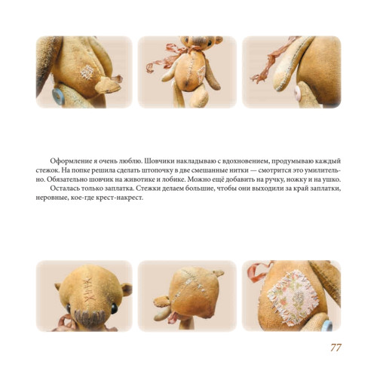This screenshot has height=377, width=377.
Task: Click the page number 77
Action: [336, 348]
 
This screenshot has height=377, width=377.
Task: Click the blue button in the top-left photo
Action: [58, 97]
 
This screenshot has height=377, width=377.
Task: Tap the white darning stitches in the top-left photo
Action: [87, 72]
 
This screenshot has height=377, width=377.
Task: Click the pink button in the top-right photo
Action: [297, 93]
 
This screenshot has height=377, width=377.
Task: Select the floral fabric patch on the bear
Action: [293, 296]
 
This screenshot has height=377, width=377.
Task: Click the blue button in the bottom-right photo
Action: [327, 326]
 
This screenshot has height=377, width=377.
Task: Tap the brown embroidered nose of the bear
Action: [89, 319]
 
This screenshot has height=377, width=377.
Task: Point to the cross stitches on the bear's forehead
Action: [90, 290]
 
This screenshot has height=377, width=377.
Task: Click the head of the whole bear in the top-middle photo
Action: [201, 42]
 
